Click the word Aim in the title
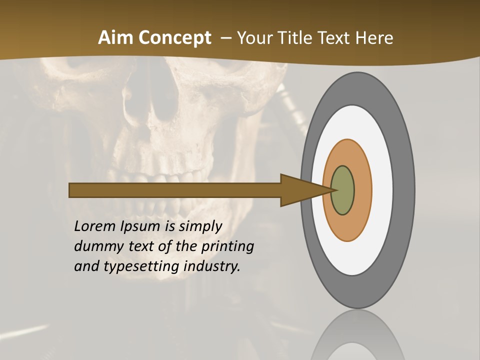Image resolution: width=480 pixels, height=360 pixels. point(115,38)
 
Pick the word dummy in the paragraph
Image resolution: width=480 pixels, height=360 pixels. point(96,246)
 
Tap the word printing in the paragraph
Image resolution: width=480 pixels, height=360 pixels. point(227,246)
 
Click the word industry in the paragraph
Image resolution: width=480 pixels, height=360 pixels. point(212,266)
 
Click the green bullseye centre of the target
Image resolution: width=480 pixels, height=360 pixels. point(343,190)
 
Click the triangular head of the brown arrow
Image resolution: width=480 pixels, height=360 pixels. point(300,190)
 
